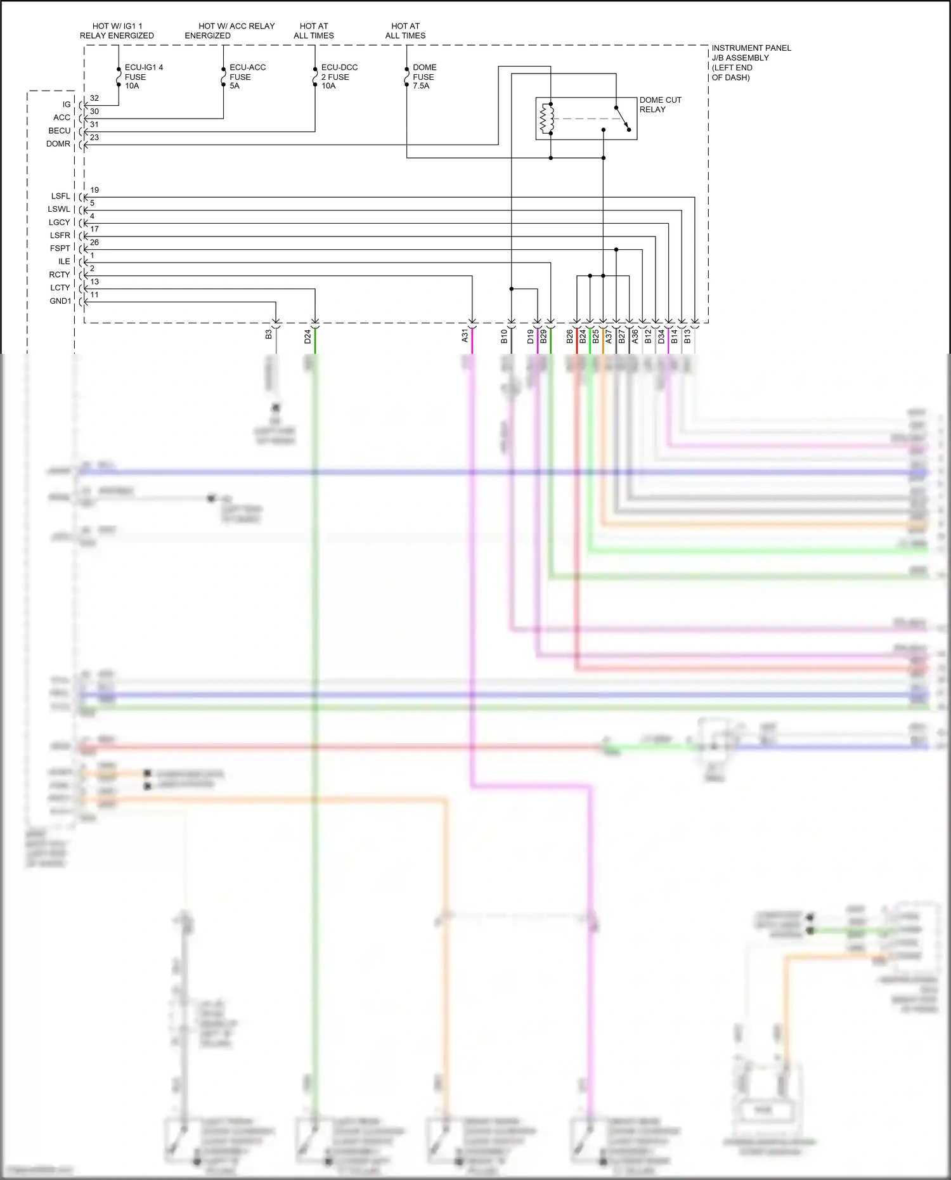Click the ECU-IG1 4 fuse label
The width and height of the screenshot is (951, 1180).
[143, 76]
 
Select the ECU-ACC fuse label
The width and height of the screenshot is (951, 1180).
[247, 76]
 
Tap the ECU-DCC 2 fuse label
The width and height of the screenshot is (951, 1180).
[339, 76]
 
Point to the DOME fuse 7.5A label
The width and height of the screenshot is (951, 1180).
[424, 76]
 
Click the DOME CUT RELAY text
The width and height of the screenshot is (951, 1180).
[660, 105]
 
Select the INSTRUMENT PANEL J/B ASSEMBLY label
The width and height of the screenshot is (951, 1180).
[751, 62]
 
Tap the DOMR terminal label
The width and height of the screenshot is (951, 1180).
[58, 144]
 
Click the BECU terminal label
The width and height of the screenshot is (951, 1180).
[60, 131]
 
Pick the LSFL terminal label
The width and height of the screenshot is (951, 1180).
[61, 196]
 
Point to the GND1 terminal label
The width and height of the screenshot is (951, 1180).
[61, 301]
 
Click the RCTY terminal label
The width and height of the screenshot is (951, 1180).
[60, 275]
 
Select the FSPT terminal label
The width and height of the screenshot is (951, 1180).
[60, 249]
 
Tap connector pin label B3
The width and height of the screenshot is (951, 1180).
[269, 334]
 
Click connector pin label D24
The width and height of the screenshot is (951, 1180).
[307, 337]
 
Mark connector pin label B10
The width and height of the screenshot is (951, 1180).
[504, 337]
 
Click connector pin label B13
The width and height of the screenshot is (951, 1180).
[687, 337]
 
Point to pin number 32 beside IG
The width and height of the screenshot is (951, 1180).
[94, 98]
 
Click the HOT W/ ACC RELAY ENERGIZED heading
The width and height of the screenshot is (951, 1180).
[230, 30]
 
